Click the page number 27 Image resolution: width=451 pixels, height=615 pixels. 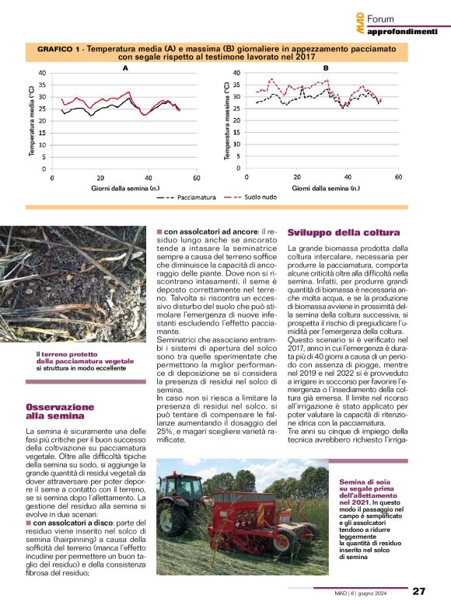418,591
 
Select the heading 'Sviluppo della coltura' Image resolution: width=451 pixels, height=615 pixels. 344,233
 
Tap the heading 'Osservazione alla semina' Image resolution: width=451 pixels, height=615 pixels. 60,412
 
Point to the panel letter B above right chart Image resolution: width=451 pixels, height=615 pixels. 326,68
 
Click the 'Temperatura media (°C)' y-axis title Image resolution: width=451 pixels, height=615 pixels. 32,118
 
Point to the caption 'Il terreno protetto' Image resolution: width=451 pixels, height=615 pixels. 62,355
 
